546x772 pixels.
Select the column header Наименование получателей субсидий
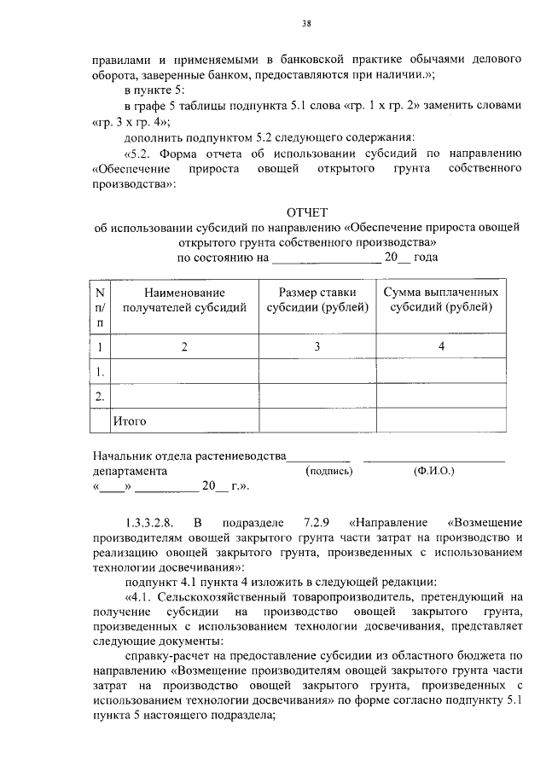(185, 300)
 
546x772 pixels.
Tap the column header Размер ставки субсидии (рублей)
(317, 300)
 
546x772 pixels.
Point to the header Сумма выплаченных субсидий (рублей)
(440, 300)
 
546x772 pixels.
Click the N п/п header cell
(101, 307)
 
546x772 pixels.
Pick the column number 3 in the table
(317, 346)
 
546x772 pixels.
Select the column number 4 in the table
(441, 346)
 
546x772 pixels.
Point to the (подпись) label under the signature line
(328, 471)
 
